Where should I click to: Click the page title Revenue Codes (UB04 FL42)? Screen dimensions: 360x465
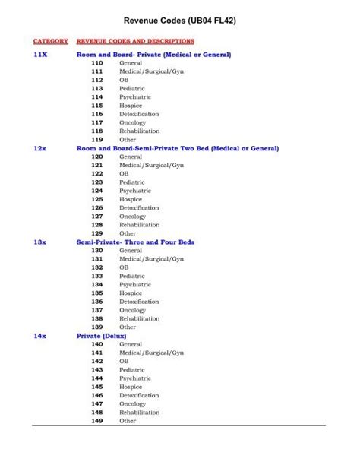click(x=180, y=22)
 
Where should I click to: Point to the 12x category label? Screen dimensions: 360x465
click(x=40, y=148)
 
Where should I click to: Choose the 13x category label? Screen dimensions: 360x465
click(x=40, y=242)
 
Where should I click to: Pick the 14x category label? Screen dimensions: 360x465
click(x=40, y=335)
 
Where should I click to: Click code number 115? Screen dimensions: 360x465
click(x=97, y=106)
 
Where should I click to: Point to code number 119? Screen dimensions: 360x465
click(x=97, y=140)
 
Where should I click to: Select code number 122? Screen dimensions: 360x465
click(x=97, y=174)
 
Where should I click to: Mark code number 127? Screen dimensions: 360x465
click(x=97, y=217)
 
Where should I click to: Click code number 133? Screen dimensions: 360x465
click(x=97, y=276)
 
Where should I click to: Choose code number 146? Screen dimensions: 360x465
click(x=97, y=395)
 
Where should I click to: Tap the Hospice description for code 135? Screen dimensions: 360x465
click(x=131, y=293)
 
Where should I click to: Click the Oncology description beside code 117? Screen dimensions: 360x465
click(x=132, y=122)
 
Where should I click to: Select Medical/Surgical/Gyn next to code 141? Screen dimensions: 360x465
click(x=151, y=353)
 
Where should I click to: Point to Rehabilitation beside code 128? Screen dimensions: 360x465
click(x=139, y=225)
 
